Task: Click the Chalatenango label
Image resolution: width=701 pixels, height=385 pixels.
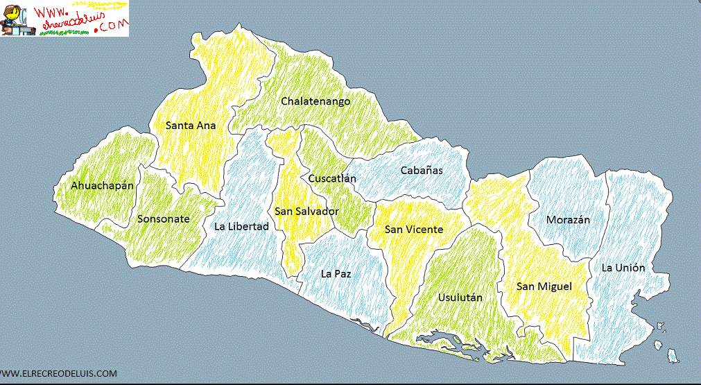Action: [x=315, y=101]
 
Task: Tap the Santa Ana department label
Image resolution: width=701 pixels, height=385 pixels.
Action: [x=191, y=126]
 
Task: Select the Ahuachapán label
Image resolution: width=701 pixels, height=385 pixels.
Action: [x=102, y=186]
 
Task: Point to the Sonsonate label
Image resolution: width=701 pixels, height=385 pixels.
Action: [x=163, y=219]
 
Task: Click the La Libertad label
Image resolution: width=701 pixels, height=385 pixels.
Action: [x=241, y=226]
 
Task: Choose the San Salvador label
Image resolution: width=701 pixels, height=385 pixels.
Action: [x=306, y=211]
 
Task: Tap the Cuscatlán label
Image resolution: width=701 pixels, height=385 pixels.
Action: [x=332, y=178]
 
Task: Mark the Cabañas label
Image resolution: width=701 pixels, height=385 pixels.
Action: [x=421, y=170]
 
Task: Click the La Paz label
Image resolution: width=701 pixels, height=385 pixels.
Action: [x=336, y=273]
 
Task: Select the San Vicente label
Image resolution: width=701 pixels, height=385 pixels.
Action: [x=413, y=230]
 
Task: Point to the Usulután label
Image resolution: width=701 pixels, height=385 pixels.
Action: [x=460, y=298]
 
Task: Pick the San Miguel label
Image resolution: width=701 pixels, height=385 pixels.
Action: [x=544, y=286]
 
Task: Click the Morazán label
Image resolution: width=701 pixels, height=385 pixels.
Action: [x=568, y=220]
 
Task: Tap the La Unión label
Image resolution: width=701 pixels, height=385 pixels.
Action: [x=623, y=268]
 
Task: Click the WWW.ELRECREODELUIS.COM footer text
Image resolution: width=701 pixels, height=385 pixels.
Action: [x=59, y=374]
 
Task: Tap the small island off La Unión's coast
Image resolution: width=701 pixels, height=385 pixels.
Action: [x=671, y=356]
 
